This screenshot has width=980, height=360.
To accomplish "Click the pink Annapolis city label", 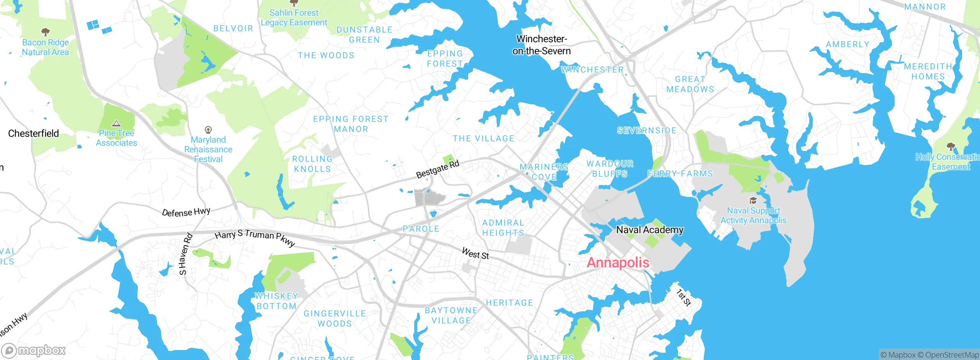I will click(x=618, y=263).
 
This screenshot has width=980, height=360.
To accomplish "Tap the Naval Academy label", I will click(x=650, y=230).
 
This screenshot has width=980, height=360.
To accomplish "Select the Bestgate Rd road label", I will click(x=437, y=169).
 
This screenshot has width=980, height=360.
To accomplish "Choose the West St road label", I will click(x=475, y=254).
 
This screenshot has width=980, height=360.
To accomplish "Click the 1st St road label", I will click(x=683, y=298).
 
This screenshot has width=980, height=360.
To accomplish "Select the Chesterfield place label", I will click(x=34, y=133).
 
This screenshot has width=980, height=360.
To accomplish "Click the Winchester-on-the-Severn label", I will click(x=541, y=45).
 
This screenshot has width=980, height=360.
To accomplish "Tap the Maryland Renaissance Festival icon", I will click(x=208, y=130).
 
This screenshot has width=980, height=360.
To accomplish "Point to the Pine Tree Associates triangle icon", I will click(x=116, y=123).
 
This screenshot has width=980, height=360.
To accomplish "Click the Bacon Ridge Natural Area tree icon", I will click(x=45, y=31).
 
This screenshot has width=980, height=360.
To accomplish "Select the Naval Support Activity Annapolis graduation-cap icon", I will click(x=753, y=201).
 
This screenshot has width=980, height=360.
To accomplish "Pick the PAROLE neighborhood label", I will click(x=421, y=229).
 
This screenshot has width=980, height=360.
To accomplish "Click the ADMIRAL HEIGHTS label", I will click(x=503, y=227).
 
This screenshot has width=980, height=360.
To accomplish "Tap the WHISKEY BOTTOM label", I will click(x=276, y=301).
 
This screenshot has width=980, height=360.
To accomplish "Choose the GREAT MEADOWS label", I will click(x=690, y=84).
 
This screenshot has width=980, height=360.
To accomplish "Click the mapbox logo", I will click(x=34, y=350).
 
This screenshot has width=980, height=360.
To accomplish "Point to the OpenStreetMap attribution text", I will click(x=951, y=355).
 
